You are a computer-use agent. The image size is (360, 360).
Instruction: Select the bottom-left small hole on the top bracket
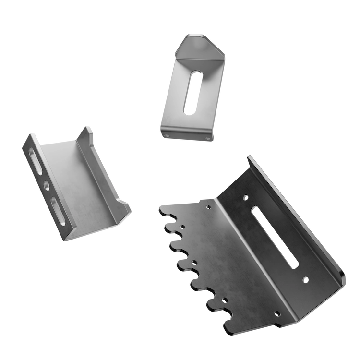[x=168, y=135]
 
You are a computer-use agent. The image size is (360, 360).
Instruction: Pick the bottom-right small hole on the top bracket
[x=207, y=139]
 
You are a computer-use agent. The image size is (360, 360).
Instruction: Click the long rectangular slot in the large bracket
[x=274, y=237]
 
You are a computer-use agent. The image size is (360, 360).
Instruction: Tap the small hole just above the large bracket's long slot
[x=246, y=197]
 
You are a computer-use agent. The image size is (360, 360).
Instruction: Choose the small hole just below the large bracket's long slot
[x=304, y=279]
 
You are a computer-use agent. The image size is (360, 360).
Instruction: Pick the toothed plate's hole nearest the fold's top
[x=208, y=207]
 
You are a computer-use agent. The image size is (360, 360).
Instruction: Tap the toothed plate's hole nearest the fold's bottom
[x=276, y=314]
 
